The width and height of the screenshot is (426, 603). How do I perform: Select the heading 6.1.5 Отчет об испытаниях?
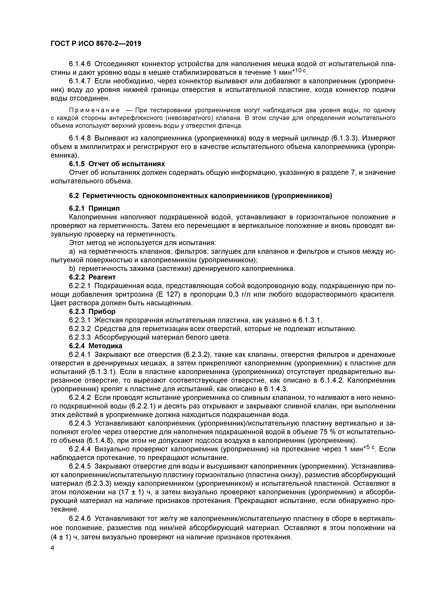click(117, 164)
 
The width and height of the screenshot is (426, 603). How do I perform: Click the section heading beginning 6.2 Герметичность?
click(200, 196)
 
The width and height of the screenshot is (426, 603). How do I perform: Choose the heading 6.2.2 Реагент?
click(92, 277)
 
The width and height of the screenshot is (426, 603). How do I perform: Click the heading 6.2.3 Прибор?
click(92, 311)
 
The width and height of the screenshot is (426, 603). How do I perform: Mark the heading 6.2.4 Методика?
click(96, 346)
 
